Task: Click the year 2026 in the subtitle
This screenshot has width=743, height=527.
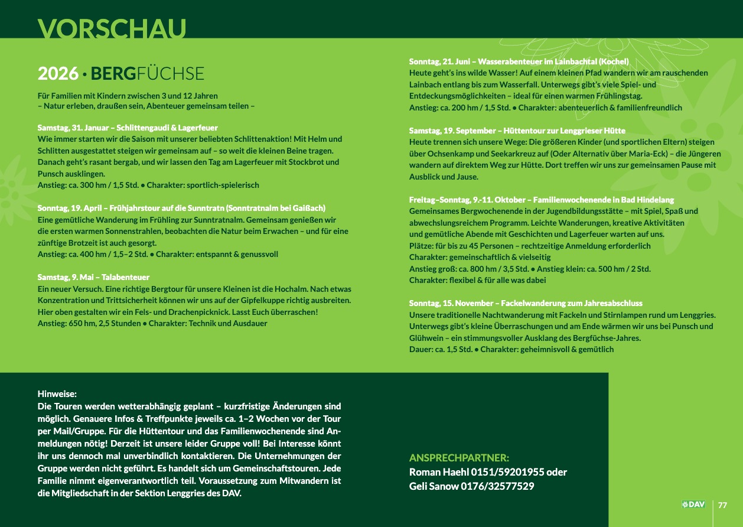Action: click(x=58, y=73)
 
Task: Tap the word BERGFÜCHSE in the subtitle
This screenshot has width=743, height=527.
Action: click(x=148, y=73)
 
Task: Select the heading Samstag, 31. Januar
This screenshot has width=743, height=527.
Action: click(x=128, y=128)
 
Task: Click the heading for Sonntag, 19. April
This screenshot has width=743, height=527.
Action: click(x=181, y=208)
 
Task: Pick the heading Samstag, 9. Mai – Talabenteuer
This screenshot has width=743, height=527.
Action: click(x=93, y=277)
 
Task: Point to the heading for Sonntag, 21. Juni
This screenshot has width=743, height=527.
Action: click(x=519, y=61)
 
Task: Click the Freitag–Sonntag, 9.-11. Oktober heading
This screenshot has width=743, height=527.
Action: click(x=541, y=200)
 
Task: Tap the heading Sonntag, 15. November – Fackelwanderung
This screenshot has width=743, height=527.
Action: click(x=526, y=303)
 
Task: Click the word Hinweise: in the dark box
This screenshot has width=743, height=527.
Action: click(x=57, y=393)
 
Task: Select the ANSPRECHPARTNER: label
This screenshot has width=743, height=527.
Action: click(x=459, y=458)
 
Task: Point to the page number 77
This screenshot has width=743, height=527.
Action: click(x=722, y=505)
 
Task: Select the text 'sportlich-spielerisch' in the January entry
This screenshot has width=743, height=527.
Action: click(x=223, y=185)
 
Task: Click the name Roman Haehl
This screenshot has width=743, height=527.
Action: click(x=437, y=472)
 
